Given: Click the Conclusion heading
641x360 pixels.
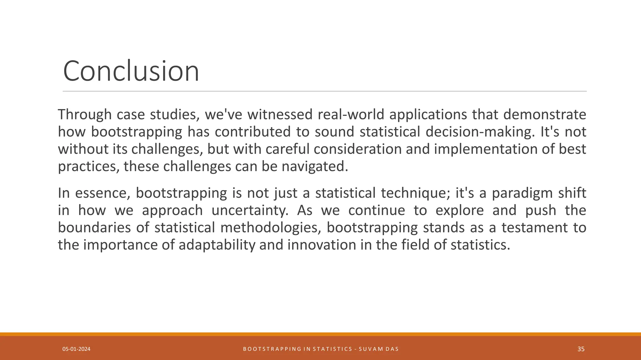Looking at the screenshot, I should [131, 71].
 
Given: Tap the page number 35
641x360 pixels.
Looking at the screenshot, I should [581, 349].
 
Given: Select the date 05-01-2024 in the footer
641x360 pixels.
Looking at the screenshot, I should [76, 349].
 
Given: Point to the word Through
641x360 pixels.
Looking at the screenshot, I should [85, 114].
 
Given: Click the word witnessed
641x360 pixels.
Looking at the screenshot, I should [280, 114].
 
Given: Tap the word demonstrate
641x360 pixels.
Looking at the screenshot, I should [545, 114].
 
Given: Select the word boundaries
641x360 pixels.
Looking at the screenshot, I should [94, 227].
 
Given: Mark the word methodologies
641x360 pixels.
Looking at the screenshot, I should [271, 227].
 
